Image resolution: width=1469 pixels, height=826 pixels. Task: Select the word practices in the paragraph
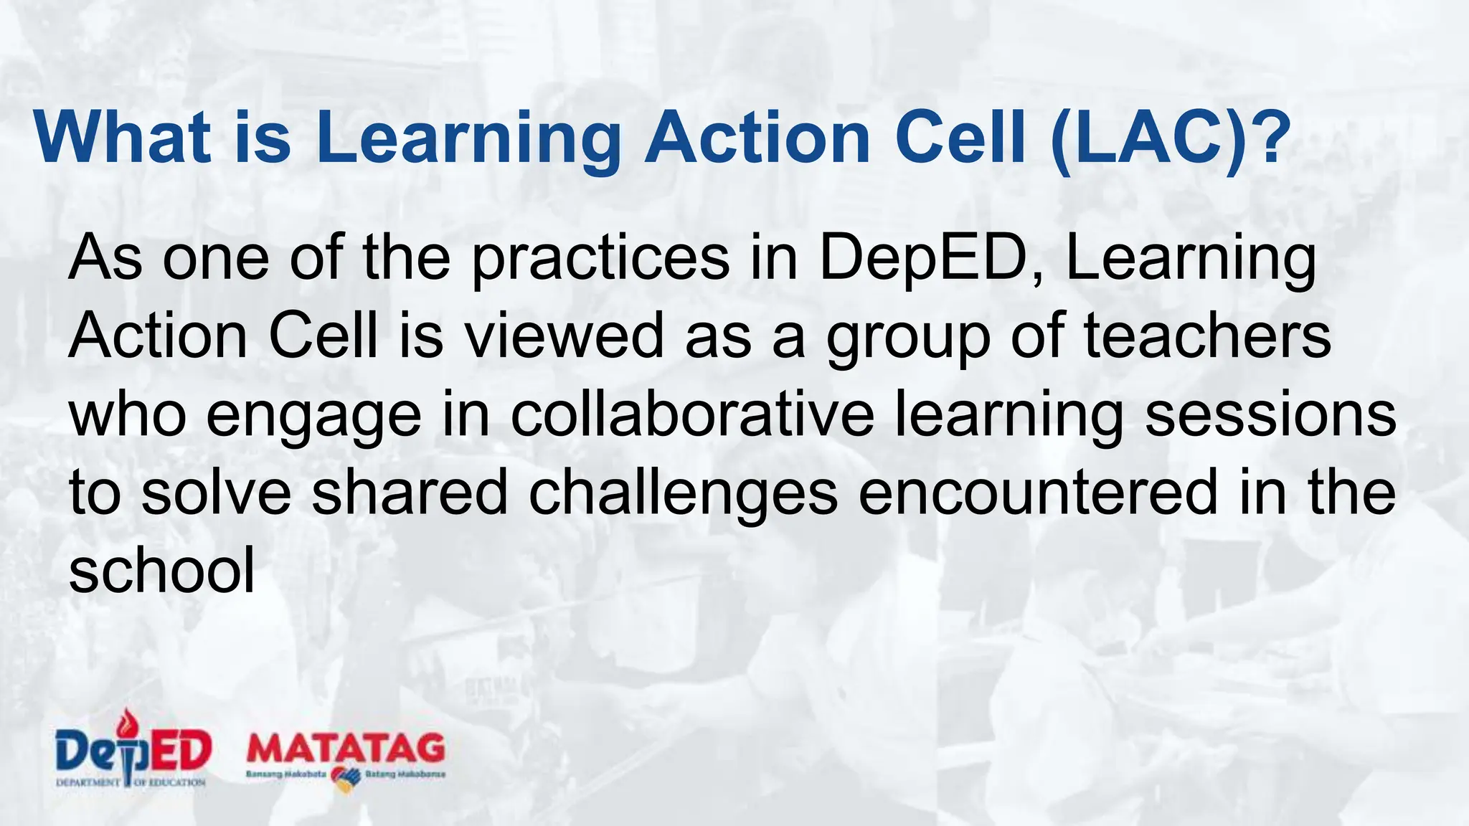coord(600,260)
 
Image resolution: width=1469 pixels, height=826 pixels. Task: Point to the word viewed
coord(565,337)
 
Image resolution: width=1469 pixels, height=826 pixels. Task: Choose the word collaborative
coord(692,415)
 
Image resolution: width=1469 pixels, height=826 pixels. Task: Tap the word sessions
coord(1270,415)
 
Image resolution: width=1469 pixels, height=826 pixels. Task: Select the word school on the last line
coord(162,571)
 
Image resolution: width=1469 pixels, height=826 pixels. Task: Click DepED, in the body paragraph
coord(931,260)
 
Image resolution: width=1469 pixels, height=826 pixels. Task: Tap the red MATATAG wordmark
coord(346,750)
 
